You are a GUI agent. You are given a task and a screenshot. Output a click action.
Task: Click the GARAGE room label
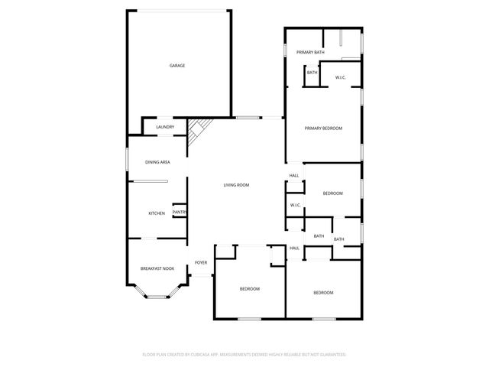coord(177,66)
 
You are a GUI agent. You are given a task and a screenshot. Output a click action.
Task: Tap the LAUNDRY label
coord(165,127)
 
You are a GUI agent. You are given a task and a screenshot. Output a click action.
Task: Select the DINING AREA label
coord(157,162)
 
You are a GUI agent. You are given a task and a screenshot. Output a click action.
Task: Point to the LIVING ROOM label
coord(236,185)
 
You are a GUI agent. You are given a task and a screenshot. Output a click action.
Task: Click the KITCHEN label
coord(157,213)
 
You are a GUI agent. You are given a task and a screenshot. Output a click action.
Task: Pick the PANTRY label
coord(180,213)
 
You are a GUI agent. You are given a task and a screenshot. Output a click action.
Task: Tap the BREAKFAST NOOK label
coord(157,268)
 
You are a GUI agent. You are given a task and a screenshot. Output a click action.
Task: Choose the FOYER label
coord(201,262)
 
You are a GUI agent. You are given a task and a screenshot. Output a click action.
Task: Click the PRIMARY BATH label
coord(311,52)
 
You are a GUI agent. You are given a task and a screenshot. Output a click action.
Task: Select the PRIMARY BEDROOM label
coord(323,128)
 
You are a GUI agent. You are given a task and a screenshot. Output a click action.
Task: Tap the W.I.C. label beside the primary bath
coord(341,76)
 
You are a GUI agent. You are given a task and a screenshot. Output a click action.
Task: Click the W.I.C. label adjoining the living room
coord(295,205)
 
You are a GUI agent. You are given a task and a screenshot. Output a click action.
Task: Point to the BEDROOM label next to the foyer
coord(250,289)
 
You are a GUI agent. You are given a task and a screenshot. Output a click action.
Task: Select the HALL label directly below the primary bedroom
coord(294,176)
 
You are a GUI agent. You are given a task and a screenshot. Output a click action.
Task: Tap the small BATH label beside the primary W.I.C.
coord(313,73)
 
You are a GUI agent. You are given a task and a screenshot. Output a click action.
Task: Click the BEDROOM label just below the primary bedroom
coord(332,193)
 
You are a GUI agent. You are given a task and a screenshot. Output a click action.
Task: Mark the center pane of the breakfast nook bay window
coord(157,297)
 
